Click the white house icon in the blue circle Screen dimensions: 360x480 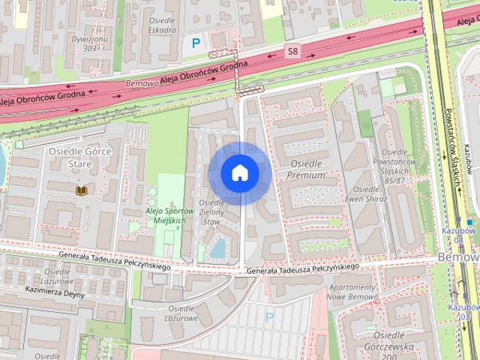pyautogui.click(x=239, y=173)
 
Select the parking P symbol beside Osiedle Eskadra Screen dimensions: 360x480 pyautogui.click(x=196, y=43)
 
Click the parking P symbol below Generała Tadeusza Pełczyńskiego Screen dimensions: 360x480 pyautogui.click(x=269, y=317)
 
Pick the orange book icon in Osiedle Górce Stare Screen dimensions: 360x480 pyautogui.click(x=81, y=191)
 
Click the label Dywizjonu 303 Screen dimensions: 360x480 pyautogui.click(x=89, y=43)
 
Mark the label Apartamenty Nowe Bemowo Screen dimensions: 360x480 pyautogui.click(x=352, y=293)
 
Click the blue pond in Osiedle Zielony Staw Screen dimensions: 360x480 pyautogui.click(x=220, y=247)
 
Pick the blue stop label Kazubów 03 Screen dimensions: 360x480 pyautogui.click(x=463, y=312)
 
